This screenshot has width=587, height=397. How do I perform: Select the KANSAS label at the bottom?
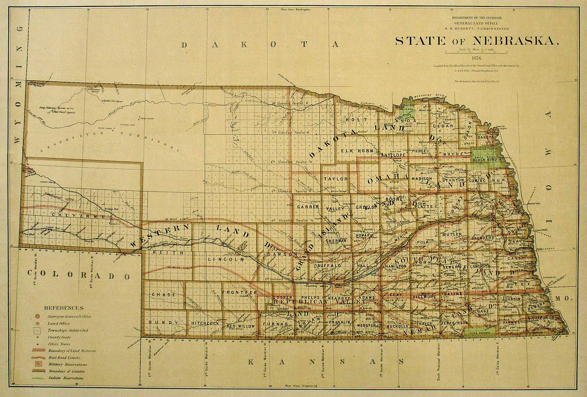point(325,362)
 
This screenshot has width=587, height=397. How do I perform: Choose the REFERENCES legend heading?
point(64,308)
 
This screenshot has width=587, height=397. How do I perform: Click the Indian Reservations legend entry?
point(65,378)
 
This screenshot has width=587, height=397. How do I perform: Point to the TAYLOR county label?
point(336,179)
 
